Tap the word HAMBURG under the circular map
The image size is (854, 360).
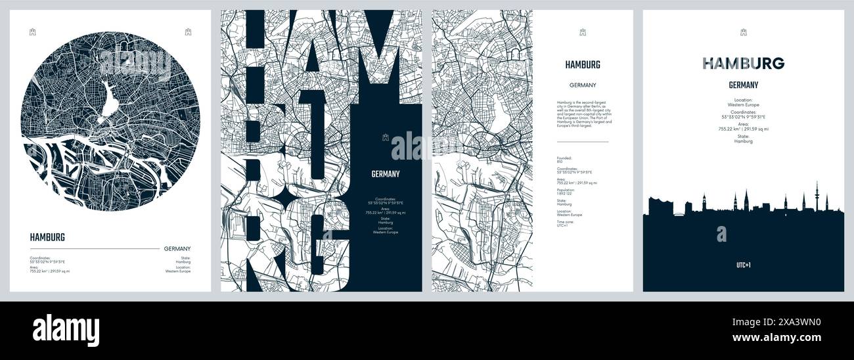click(47, 237)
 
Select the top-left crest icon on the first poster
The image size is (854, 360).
click(32, 31)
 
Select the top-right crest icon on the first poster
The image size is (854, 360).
click(188, 31)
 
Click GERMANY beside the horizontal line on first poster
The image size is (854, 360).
click(177, 248)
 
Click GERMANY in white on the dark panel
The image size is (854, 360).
click(386, 174)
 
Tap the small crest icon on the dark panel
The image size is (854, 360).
click(386, 138)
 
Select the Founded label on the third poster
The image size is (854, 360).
click(564, 158)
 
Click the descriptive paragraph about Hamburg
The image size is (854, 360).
click(584, 112)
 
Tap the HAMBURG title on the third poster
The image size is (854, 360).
click(582, 64)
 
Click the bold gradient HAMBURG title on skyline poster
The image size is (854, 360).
click(743, 63)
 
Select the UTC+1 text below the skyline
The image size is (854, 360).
click(743, 265)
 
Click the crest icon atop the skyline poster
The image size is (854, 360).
click(743, 32)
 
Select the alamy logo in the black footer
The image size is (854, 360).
click(66, 330)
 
